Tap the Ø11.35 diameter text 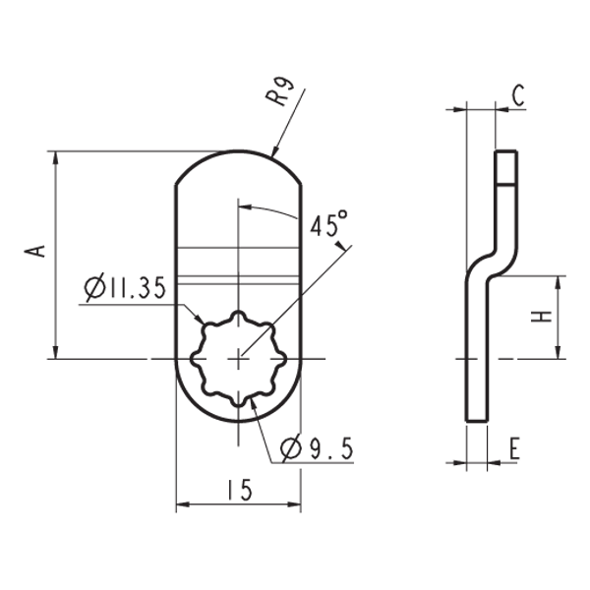125,288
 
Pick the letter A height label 35,249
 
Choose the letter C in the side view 519,95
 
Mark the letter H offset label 540,317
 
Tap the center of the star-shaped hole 238,359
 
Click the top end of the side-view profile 504,153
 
